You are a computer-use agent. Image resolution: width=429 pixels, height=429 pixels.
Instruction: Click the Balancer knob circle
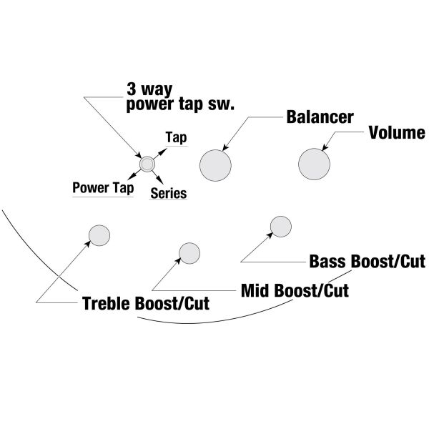pos(217,166)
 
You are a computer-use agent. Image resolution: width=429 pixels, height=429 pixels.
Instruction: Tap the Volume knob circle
pos(315,164)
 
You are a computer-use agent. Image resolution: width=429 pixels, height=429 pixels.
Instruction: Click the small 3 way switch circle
pos(147,164)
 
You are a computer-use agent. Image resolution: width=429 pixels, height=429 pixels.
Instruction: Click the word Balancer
pos(320,117)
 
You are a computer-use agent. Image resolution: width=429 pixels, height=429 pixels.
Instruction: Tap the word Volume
pos(397,133)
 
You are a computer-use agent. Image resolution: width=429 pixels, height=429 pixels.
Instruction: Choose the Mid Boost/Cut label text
pos(294,290)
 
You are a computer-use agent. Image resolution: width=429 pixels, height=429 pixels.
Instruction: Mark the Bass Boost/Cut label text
pos(368,262)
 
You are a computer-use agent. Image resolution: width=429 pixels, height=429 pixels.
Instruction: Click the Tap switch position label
pos(176,137)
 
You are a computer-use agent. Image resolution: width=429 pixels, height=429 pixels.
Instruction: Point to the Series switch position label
pos(169,193)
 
